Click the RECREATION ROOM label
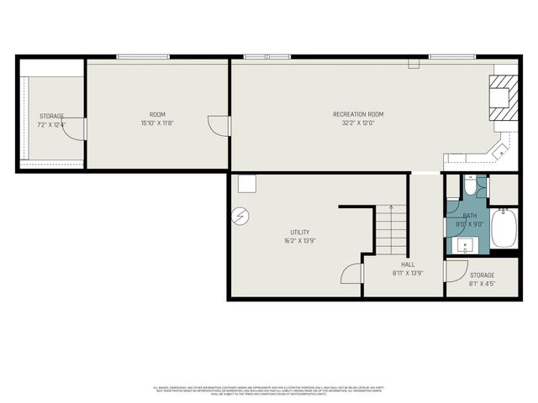tap(358, 114)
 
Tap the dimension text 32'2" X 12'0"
tap(358, 123)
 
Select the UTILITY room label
tap(300, 233)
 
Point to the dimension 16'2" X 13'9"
tap(300, 241)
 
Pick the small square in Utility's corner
tap(245, 184)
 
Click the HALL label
tap(408, 264)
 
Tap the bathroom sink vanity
tap(467, 244)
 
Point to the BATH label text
tap(469, 216)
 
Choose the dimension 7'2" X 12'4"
tap(51, 125)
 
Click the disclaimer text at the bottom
tap(268, 390)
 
